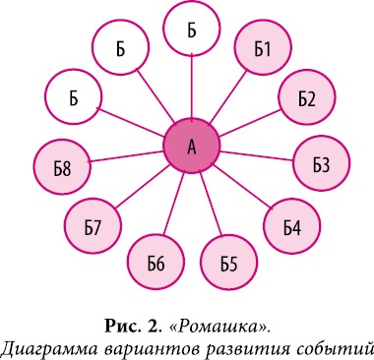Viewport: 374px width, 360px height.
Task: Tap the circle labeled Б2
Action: [x=305, y=98]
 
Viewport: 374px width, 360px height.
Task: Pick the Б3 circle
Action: [x=321, y=163]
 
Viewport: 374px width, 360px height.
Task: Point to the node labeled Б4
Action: [x=291, y=227]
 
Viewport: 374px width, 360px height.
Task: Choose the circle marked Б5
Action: [x=228, y=262]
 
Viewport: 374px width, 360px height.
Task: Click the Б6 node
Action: [x=156, y=262]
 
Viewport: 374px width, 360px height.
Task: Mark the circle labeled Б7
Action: [x=93, y=228]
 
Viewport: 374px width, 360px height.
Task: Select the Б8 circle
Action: [x=62, y=169]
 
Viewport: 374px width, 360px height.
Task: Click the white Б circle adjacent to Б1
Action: [x=192, y=30]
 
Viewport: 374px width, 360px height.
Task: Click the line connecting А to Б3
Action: [x=258, y=155]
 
